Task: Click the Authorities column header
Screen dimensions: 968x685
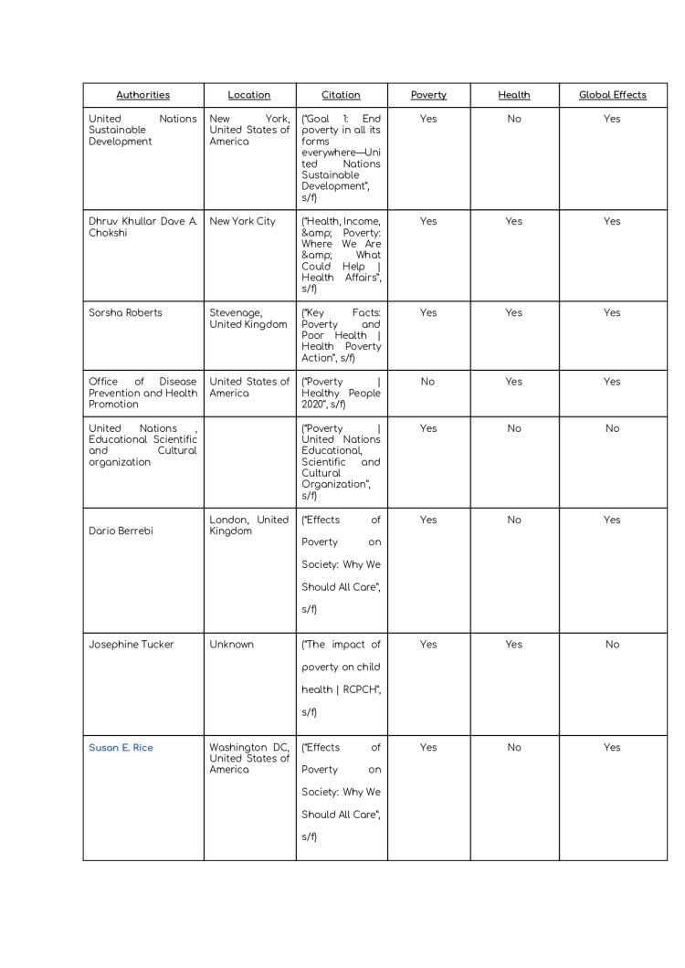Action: click(x=142, y=95)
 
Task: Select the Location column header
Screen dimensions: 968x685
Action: click(x=249, y=95)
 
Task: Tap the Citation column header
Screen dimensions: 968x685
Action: click(x=341, y=95)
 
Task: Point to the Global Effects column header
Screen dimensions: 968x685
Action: click(x=612, y=95)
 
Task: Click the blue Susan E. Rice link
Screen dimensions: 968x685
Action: click(x=121, y=748)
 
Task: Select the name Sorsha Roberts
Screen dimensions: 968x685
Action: click(x=125, y=313)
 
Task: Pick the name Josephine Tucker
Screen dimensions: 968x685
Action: click(x=131, y=645)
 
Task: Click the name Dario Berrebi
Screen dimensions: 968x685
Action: click(x=124, y=531)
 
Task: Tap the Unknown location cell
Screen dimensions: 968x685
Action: click(x=231, y=645)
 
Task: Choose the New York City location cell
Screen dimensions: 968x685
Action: click(x=242, y=222)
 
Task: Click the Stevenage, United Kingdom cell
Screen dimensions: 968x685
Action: click(x=248, y=319)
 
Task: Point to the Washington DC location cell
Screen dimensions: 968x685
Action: click(x=248, y=758)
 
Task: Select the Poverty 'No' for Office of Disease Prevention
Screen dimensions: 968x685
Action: click(x=428, y=383)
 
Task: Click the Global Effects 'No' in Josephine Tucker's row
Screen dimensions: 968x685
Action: click(x=612, y=645)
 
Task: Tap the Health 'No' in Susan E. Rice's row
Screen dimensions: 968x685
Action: click(x=514, y=748)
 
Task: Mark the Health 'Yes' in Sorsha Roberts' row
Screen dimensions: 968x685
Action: click(x=514, y=313)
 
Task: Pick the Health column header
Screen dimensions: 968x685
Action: click(x=514, y=95)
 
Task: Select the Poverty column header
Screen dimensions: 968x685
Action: click(x=428, y=95)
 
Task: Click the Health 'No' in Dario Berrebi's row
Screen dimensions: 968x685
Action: click(x=514, y=521)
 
